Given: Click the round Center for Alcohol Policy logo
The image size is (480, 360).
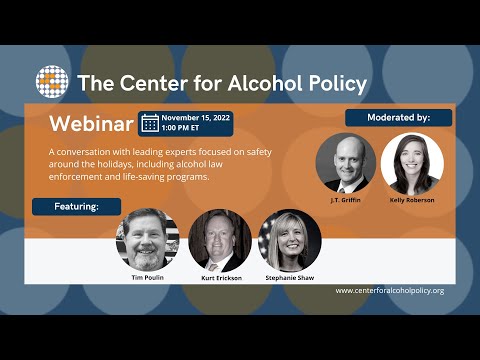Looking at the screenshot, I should tap(52, 81).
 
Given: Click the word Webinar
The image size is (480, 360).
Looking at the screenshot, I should tap(91, 124).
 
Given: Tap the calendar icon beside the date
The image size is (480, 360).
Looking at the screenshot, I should tap(150, 123).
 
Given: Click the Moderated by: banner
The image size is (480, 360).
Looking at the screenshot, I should tap(398, 117).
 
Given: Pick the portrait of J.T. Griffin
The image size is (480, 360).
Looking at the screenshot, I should tap(346, 162).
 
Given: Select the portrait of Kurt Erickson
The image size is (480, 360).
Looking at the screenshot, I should tap(218, 239).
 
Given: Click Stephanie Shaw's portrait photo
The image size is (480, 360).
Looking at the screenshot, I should tap(290, 239).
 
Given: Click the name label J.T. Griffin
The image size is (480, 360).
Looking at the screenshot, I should tap(346, 200).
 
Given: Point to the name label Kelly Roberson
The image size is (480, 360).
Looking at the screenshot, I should tap(411, 200).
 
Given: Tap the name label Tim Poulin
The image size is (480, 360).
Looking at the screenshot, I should tap(147, 277).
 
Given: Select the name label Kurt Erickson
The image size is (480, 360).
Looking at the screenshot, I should tap(218, 277).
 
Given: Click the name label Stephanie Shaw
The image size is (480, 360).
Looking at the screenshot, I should tap(290, 277).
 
